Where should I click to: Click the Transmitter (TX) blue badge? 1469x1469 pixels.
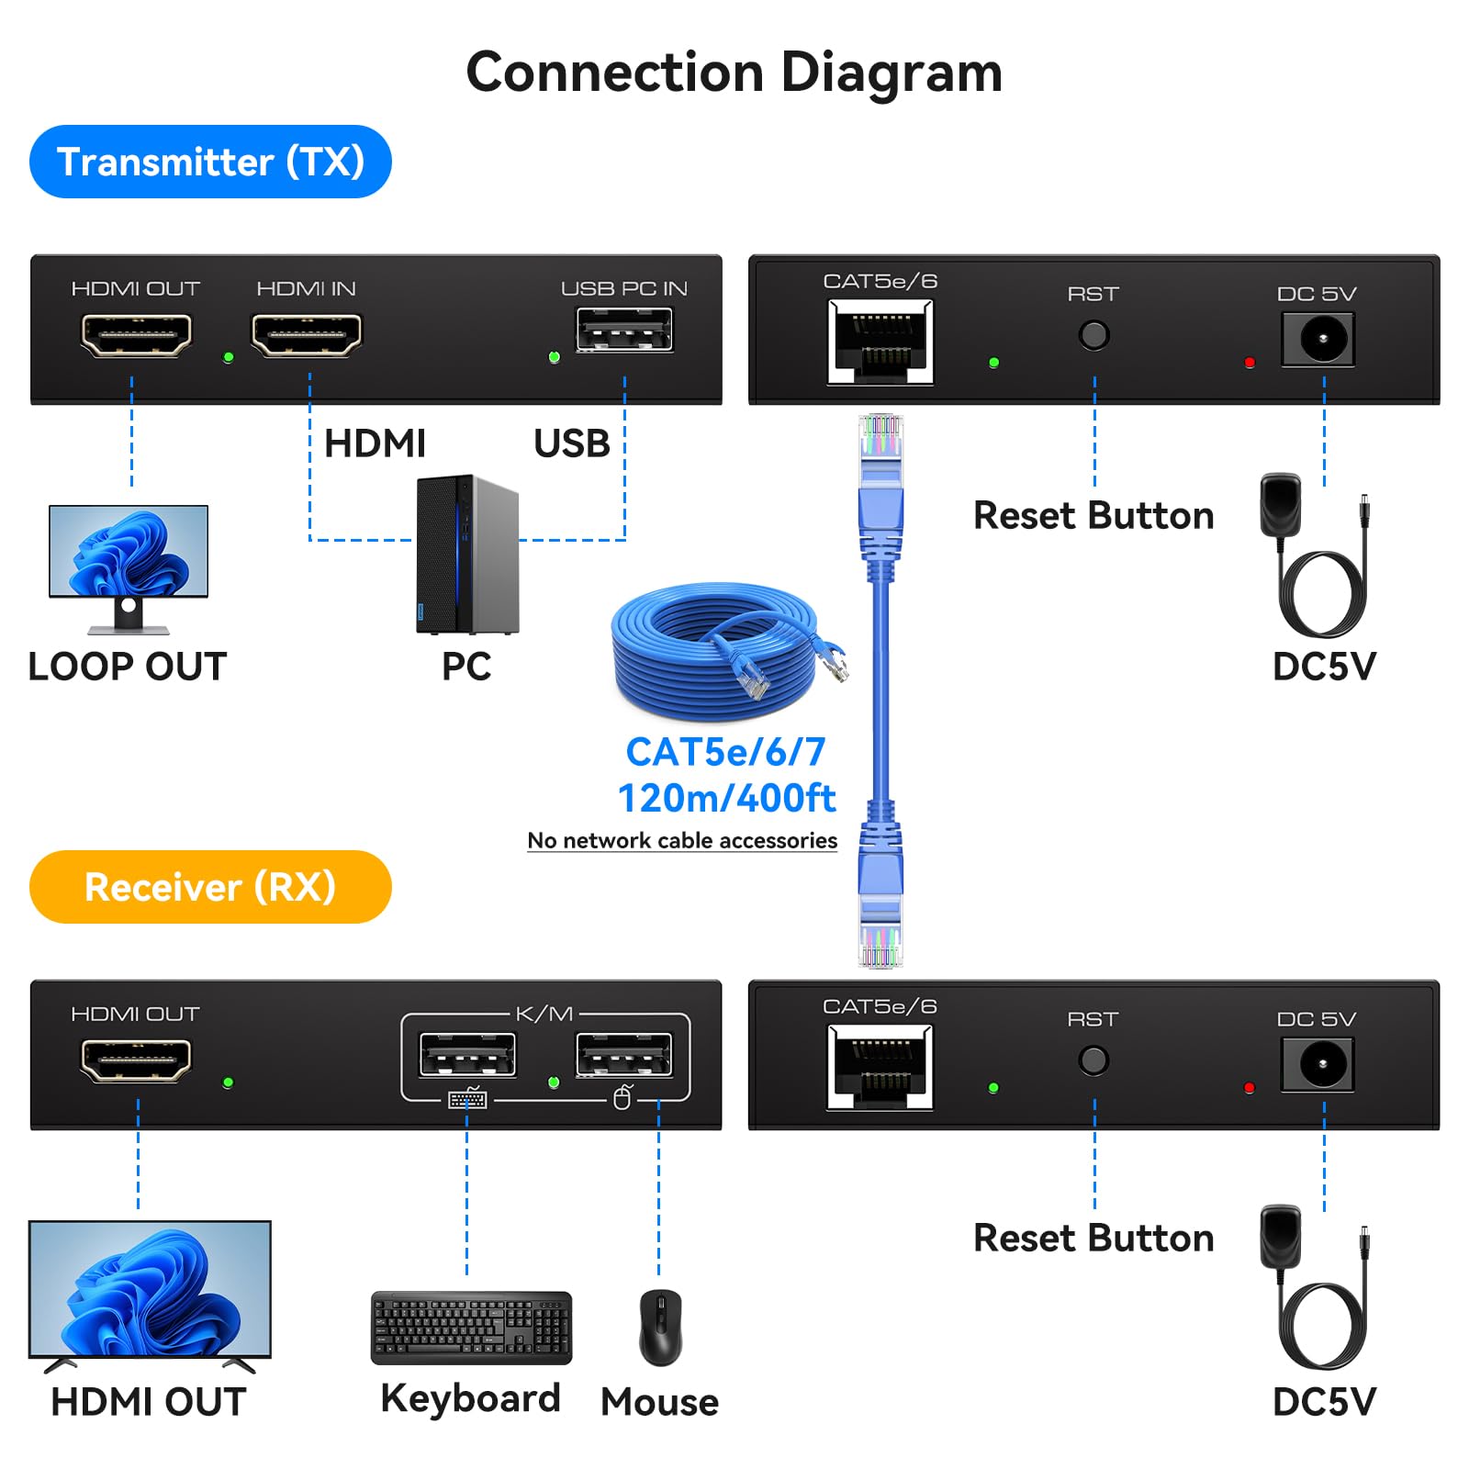(x=210, y=162)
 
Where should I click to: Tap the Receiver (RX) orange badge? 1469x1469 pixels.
(x=210, y=887)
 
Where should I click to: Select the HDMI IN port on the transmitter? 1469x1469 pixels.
(x=307, y=334)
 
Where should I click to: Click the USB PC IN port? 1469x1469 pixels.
(x=624, y=331)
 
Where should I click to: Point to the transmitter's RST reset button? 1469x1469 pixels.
(x=1093, y=335)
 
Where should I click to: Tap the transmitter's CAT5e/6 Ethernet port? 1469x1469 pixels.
(x=880, y=342)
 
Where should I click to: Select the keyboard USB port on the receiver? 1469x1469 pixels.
(x=467, y=1055)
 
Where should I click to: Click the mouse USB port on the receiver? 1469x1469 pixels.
(x=623, y=1055)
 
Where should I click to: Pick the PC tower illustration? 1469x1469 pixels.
(x=467, y=555)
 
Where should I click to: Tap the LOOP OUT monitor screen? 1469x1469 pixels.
(x=129, y=551)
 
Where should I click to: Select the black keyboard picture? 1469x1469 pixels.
(x=471, y=1328)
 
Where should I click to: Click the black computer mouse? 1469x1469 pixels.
(x=660, y=1327)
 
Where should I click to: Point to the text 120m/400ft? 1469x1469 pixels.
(x=726, y=798)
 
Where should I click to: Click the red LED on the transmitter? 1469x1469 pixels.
(x=1249, y=363)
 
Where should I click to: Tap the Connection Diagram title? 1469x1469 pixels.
(x=734, y=73)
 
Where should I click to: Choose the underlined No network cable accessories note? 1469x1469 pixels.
(x=682, y=840)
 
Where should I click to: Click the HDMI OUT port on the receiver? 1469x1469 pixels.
(x=137, y=1060)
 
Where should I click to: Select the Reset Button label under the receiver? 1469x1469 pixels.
(x=1093, y=1238)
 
